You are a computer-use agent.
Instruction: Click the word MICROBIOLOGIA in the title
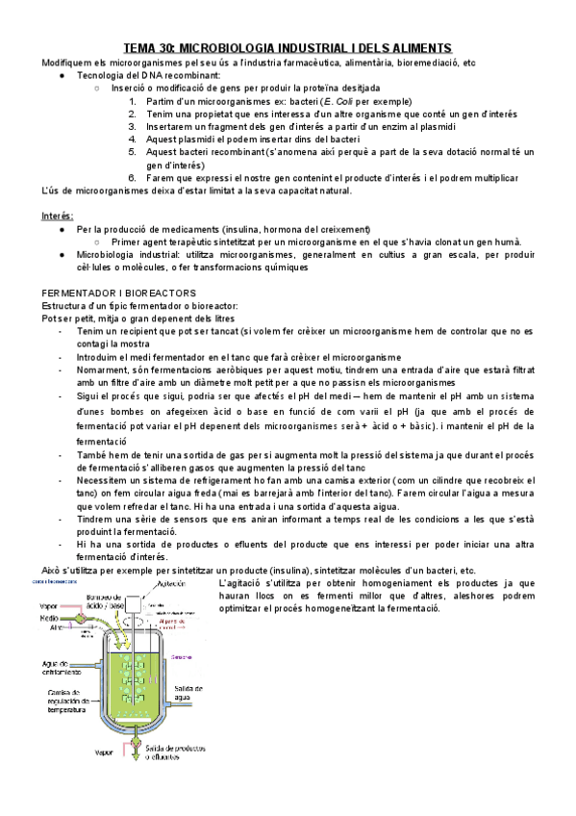[x=228, y=48]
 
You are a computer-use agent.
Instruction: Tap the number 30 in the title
[x=165, y=48]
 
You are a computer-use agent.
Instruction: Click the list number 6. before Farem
[x=132, y=178]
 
